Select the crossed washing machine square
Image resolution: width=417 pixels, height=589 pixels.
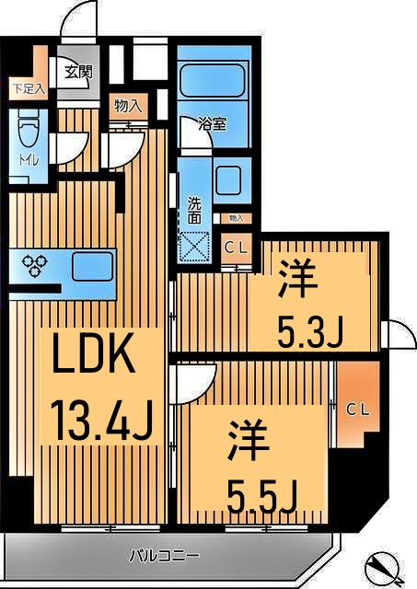[x=195, y=248]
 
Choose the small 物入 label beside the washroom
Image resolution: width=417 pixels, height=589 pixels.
[x=235, y=218]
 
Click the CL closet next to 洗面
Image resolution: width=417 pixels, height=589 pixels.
[x=236, y=248]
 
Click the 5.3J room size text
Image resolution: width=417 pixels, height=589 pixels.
[x=310, y=329]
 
